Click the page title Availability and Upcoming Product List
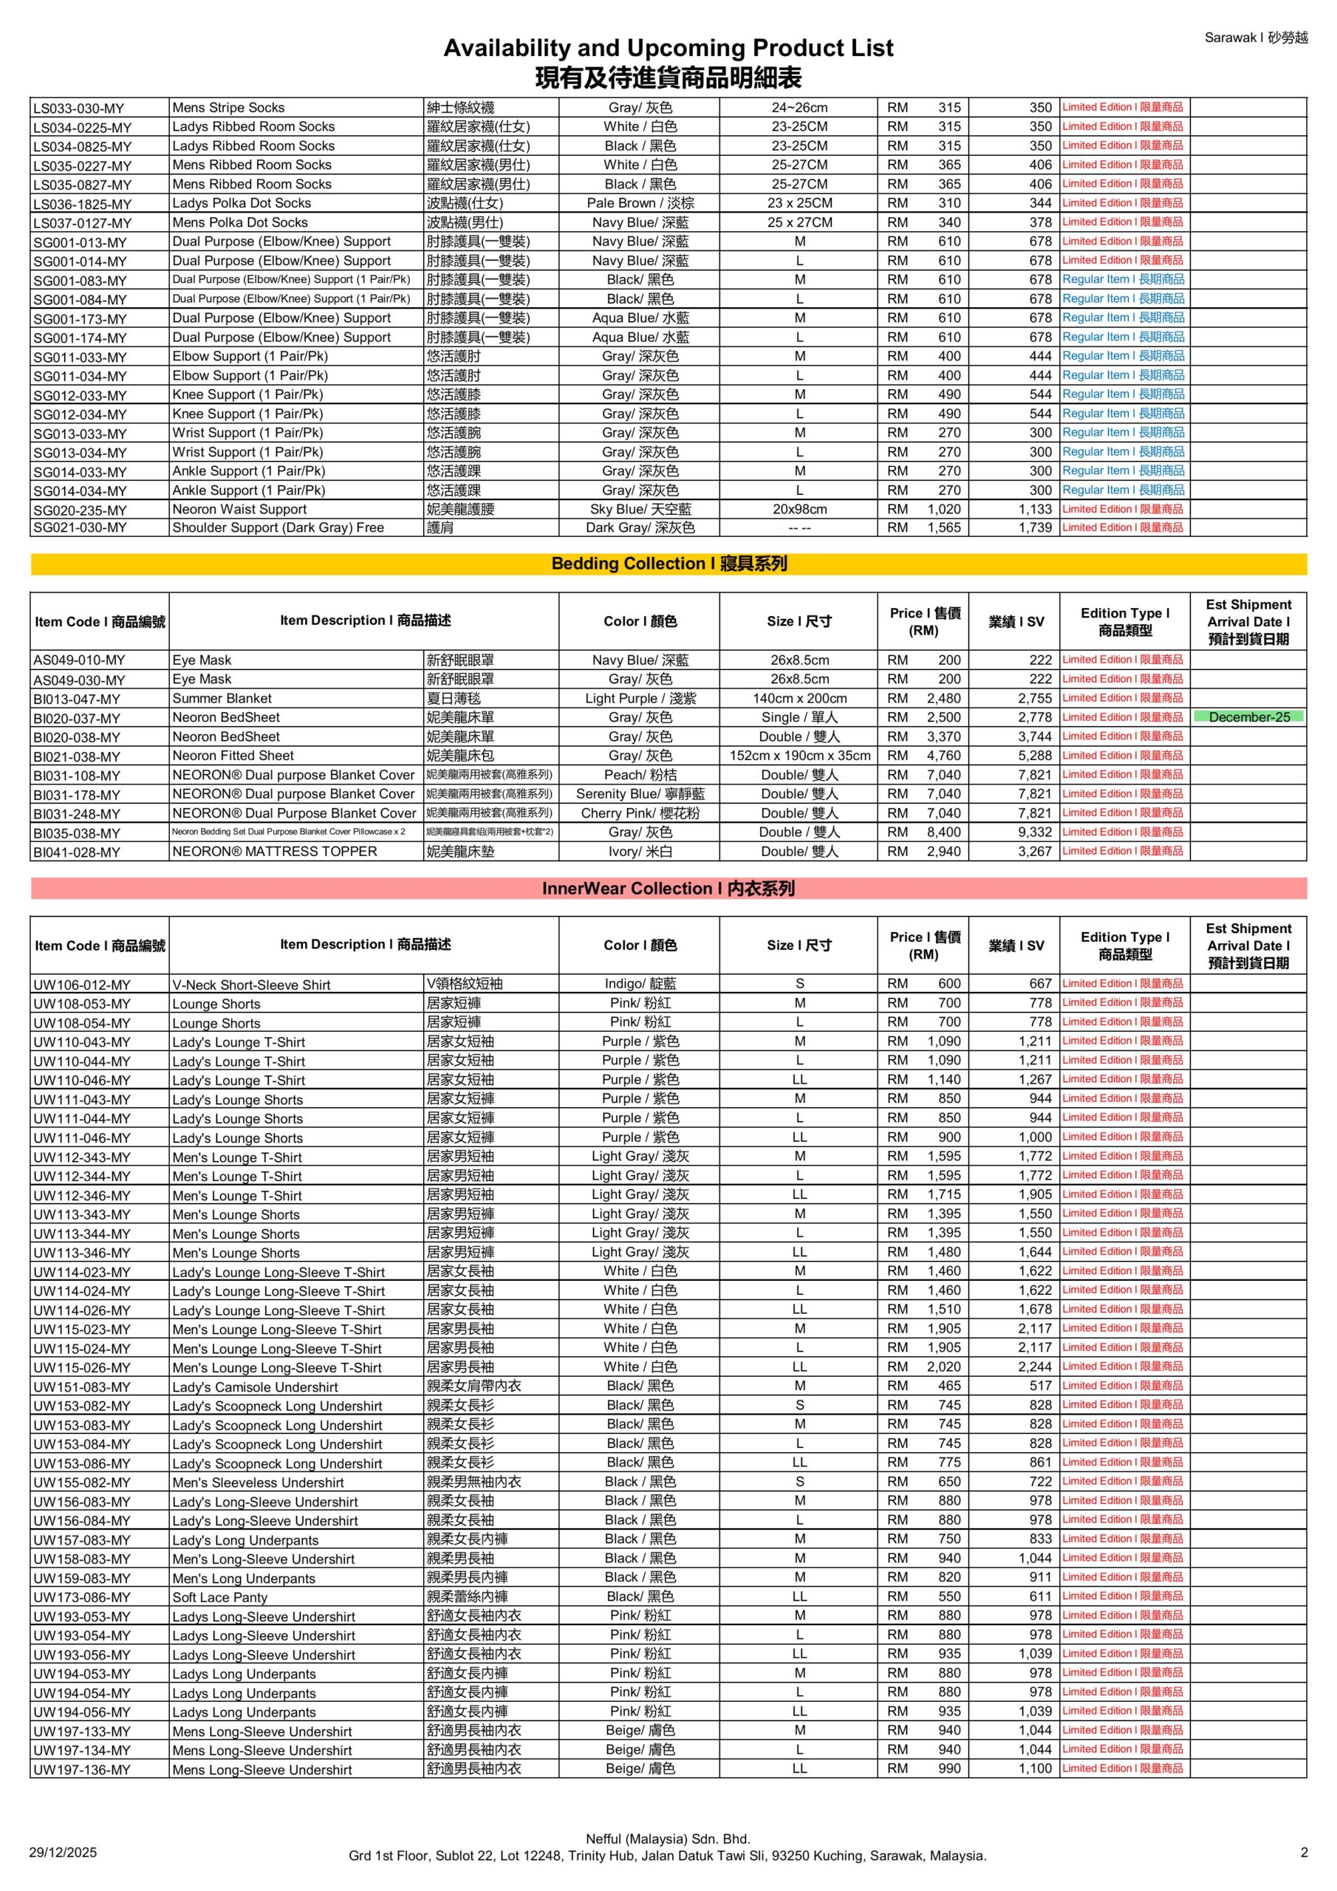coord(668,48)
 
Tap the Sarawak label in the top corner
coord(1254,38)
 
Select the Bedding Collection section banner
coord(668,564)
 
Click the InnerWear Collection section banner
coord(668,889)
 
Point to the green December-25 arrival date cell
coord(1248,717)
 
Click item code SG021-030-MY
coord(80,528)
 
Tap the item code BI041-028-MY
coord(77,852)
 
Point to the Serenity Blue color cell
coord(640,794)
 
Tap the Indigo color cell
coord(640,984)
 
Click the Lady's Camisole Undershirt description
coord(255,1387)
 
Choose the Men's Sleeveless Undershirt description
coord(258,1483)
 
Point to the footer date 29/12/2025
coord(63,1853)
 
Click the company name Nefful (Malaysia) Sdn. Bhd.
coord(667,1839)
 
